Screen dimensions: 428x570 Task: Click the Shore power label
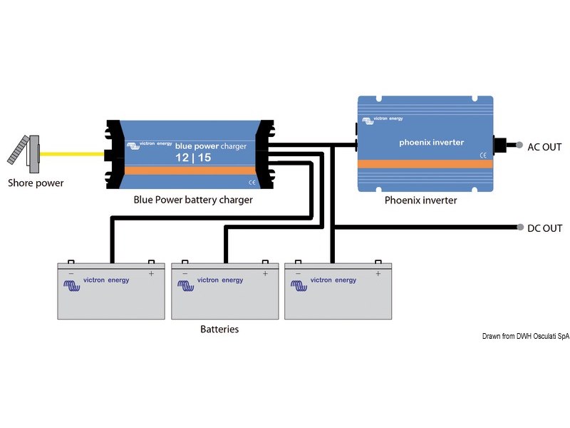36,183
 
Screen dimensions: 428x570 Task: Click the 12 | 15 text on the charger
175,156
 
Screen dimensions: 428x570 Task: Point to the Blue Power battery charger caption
193,200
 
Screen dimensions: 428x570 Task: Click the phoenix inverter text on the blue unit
432,143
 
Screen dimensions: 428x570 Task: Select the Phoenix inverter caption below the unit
420,200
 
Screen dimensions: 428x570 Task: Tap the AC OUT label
544,148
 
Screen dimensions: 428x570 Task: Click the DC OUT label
544,229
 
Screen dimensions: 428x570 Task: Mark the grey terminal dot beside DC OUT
521,228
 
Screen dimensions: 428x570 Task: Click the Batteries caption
219,330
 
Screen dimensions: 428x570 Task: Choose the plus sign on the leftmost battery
151,273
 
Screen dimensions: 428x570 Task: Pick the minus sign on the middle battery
185,273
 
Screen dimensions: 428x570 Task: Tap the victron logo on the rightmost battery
300,285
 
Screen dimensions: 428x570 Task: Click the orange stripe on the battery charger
190,170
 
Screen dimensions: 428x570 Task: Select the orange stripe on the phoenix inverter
425,163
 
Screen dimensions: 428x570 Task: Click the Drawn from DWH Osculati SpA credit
525,336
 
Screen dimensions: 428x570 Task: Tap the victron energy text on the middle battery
220,280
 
